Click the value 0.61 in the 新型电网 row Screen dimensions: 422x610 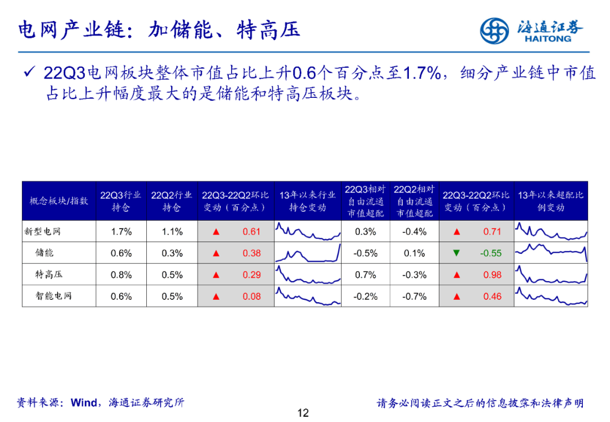click(251, 231)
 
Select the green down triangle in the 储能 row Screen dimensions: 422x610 click(456, 253)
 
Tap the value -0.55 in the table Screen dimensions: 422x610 click(491, 253)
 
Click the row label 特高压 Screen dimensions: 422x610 click(49, 274)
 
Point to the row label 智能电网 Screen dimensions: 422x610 click(54, 296)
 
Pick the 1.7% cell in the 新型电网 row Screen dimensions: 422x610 click(121, 231)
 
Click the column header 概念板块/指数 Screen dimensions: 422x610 click(59, 201)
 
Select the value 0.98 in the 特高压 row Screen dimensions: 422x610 click(492, 274)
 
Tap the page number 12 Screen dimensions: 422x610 click(303, 413)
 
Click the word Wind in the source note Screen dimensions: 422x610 click(84, 403)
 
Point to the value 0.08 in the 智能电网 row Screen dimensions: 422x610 click(251, 296)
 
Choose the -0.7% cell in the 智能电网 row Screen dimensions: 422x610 click(414, 296)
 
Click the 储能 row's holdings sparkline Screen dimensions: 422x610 click(308, 253)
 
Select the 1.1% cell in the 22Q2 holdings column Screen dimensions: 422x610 click(172, 231)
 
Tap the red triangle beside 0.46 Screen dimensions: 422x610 click(456, 296)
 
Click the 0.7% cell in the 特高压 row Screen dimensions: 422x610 click(365, 274)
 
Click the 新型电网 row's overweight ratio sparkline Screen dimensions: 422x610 click(551, 231)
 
